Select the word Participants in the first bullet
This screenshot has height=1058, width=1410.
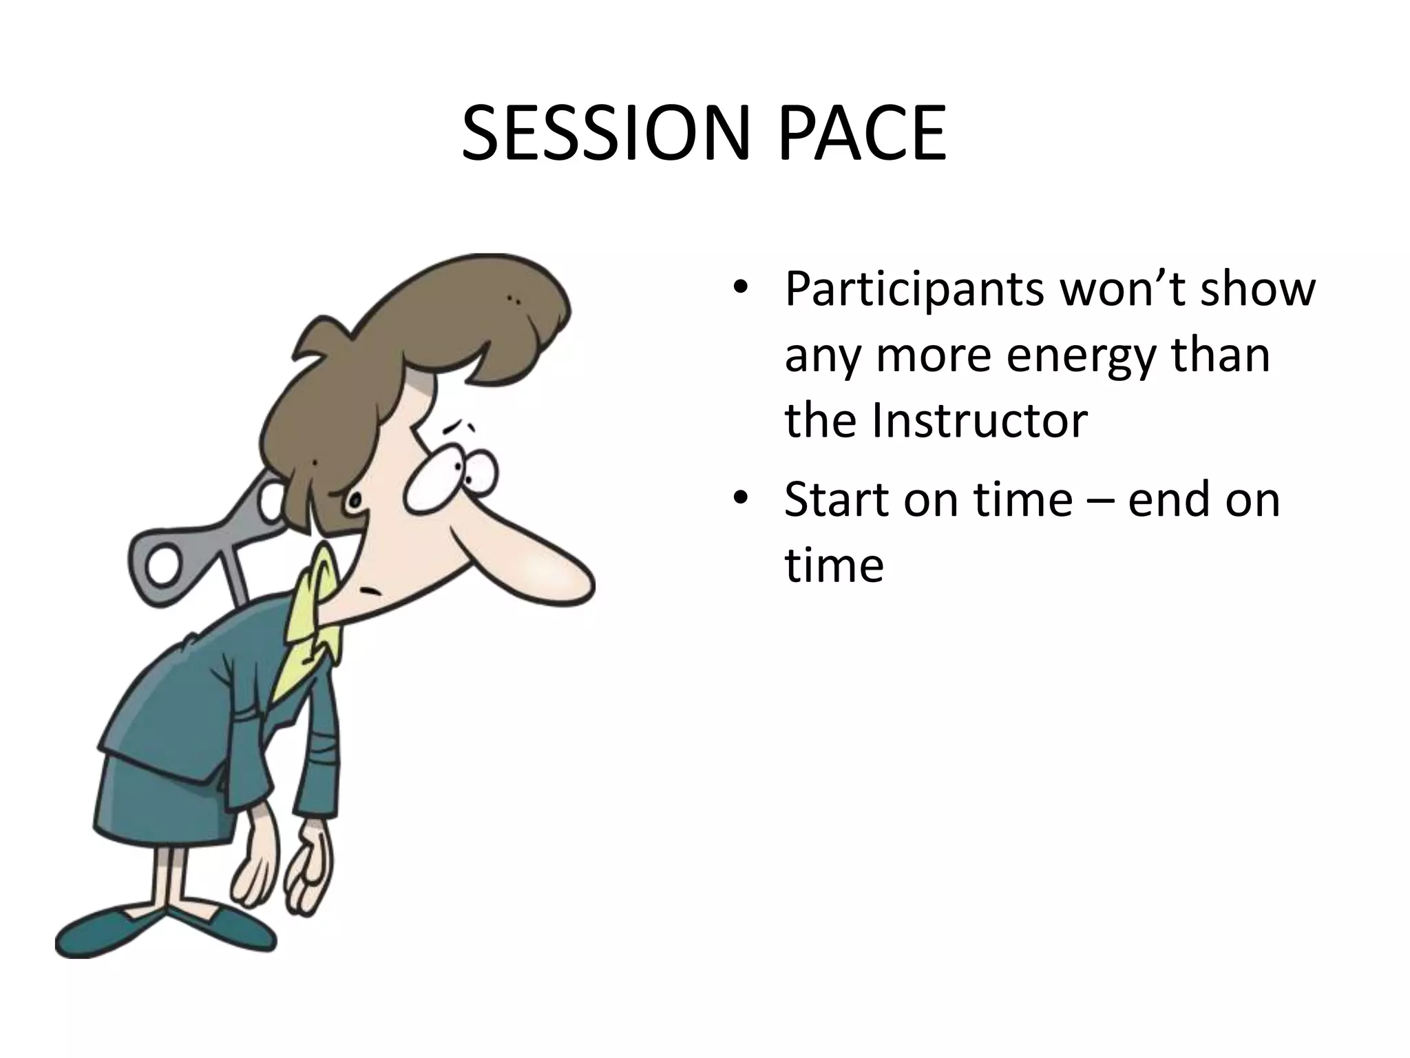(x=914, y=289)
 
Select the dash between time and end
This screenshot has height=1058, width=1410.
(x=1099, y=501)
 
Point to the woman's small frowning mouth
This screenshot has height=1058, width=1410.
(x=372, y=591)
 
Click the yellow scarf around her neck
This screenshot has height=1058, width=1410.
(x=310, y=620)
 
